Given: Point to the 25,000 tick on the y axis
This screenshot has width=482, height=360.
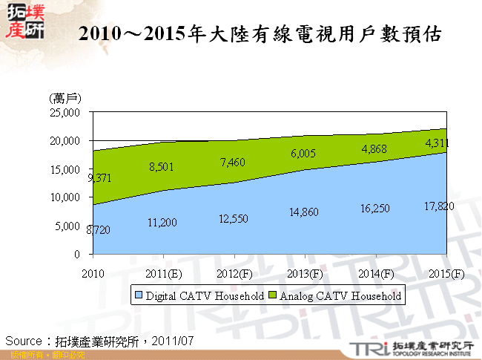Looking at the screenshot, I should click(x=65, y=113).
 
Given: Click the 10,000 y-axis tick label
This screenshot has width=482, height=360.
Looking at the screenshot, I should click(x=65, y=197).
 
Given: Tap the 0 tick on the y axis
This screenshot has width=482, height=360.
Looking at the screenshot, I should click(x=76, y=254).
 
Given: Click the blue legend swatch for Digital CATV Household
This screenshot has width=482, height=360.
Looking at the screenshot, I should click(x=138, y=295).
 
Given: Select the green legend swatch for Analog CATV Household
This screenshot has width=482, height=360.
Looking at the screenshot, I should click(x=273, y=295).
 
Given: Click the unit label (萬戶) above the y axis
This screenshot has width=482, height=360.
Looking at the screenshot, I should click(x=65, y=98).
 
